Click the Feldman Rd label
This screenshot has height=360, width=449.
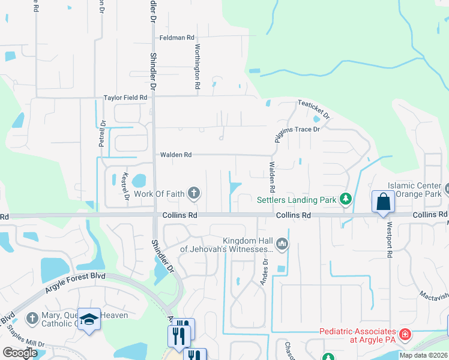click(x=177, y=38)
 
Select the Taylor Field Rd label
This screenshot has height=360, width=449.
click(x=125, y=97)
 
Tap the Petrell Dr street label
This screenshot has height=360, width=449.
click(x=101, y=134)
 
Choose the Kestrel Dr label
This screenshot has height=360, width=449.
click(x=127, y=187)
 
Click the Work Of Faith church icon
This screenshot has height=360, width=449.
click(x=193, y=193)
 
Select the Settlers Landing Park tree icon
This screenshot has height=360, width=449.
click(x=345, y=199)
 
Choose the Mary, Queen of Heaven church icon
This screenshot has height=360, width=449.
click(x=32, y=317)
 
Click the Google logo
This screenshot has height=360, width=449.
click(x=20, y=353)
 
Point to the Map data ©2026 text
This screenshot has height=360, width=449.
click(x=423, y=355)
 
